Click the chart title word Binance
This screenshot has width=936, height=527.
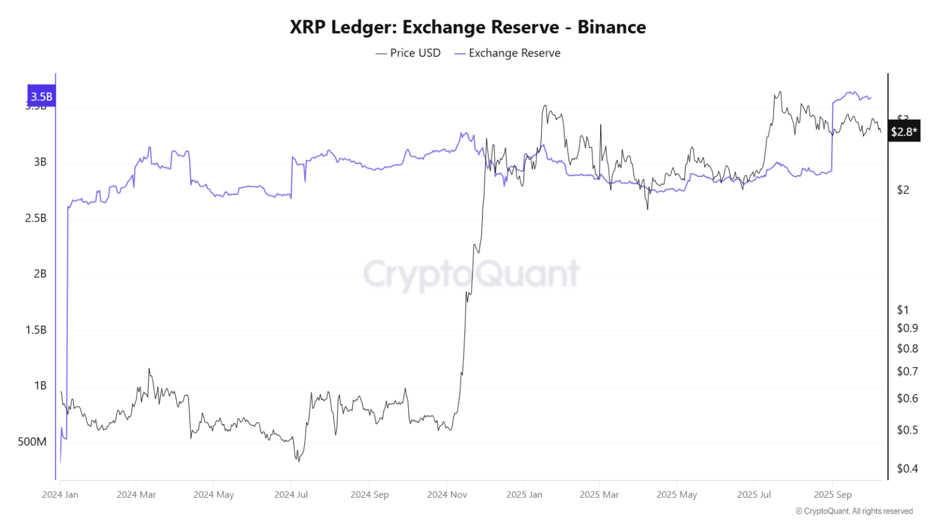(x=611, y=27)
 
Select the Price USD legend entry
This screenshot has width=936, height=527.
(x=408, y=53)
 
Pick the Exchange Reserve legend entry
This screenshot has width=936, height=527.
(x=508, y=53)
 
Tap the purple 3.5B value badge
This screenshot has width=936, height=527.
(x=41, y=96)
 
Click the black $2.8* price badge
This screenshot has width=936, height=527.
(x=903, y=132)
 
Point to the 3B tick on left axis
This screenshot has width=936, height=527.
(x=40, y=162)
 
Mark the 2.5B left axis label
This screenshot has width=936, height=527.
(x=36, y=218)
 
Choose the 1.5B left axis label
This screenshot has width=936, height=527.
(x=36, y=330)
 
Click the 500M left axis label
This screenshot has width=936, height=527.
(x=32, y=442)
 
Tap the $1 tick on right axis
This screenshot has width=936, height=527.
(x=902, y=310)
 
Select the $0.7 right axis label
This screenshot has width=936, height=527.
(x=907, y=371)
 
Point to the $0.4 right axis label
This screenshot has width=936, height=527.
(x=907, y=468)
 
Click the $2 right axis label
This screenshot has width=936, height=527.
(x=902, y=190)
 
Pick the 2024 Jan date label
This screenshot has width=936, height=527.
(x=60, y=495)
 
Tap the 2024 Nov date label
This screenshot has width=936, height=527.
(x=447, y=495)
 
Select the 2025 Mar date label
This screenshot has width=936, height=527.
(x=599, y=495)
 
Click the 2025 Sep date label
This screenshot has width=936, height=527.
(x=832, y=495)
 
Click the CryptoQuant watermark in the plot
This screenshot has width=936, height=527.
(x=471, y=274)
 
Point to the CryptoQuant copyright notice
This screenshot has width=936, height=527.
(x=854, y=511)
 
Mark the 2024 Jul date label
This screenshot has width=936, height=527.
(x=291, y=495)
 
